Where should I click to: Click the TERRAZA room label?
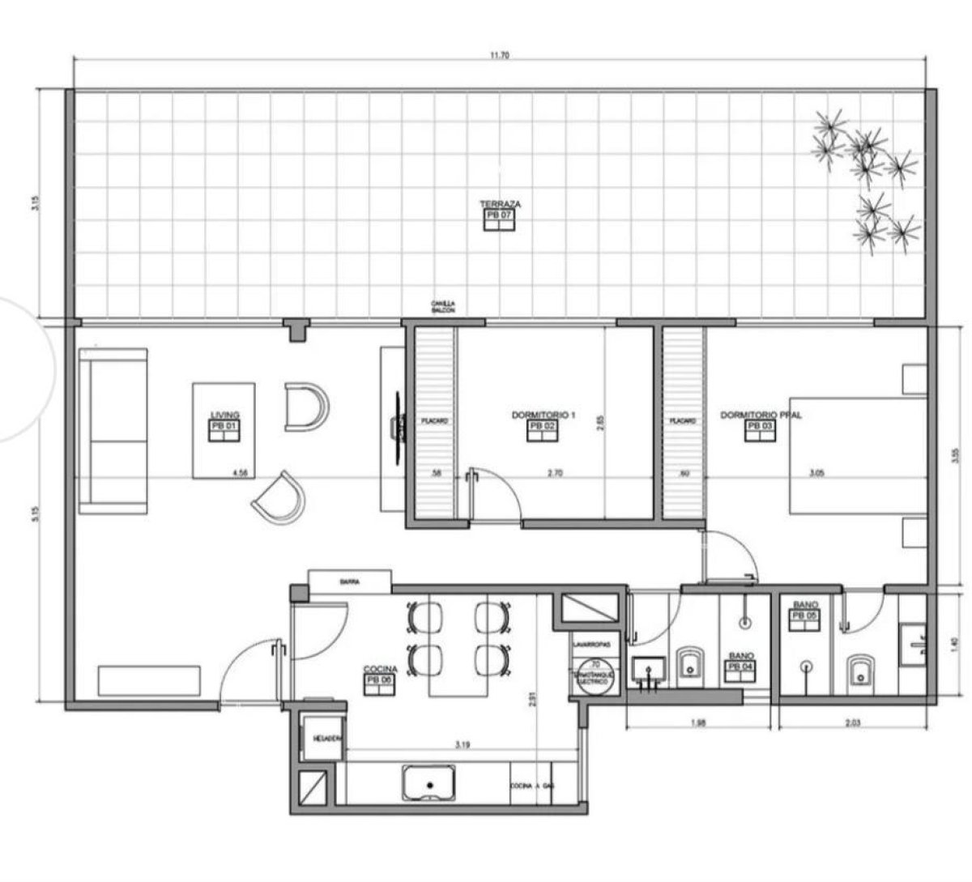499,204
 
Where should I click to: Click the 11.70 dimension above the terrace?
499,56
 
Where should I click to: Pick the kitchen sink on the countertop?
429,783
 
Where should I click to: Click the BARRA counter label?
350,582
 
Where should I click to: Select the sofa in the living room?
113,431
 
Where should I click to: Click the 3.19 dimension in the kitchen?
463,743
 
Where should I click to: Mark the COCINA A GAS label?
531,786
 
